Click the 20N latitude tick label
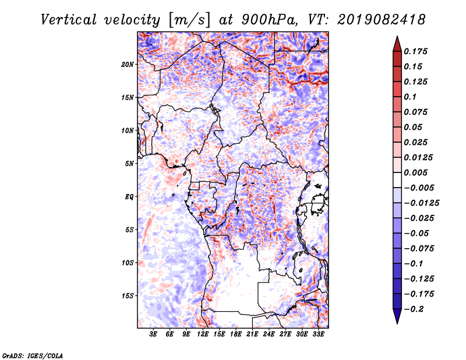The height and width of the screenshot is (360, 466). [x=128, y=64]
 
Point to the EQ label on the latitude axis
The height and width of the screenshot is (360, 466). [x=129, y=197]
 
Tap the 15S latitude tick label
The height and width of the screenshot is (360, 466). [x=128, y=296]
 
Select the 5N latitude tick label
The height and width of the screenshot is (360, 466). [x=129, y=164]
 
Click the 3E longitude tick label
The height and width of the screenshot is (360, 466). [x=153, y=334]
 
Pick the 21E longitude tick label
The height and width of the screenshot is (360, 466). [x=252, y=334]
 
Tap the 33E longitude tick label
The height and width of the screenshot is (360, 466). [x=318, y=334]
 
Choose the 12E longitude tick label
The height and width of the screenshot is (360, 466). [x=203, y=334]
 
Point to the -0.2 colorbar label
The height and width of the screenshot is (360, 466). [x=415, y=309]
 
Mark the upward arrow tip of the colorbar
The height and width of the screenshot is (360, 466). [x=397, y=37]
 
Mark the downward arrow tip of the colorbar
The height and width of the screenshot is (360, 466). [x=397, y=323]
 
